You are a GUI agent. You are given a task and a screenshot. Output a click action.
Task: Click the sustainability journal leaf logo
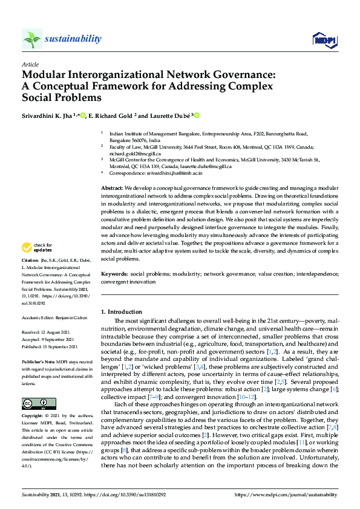32,39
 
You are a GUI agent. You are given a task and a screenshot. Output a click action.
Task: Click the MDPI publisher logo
324,40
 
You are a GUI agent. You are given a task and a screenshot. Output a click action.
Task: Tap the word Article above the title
30,63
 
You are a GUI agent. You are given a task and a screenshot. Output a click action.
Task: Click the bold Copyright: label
34,399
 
